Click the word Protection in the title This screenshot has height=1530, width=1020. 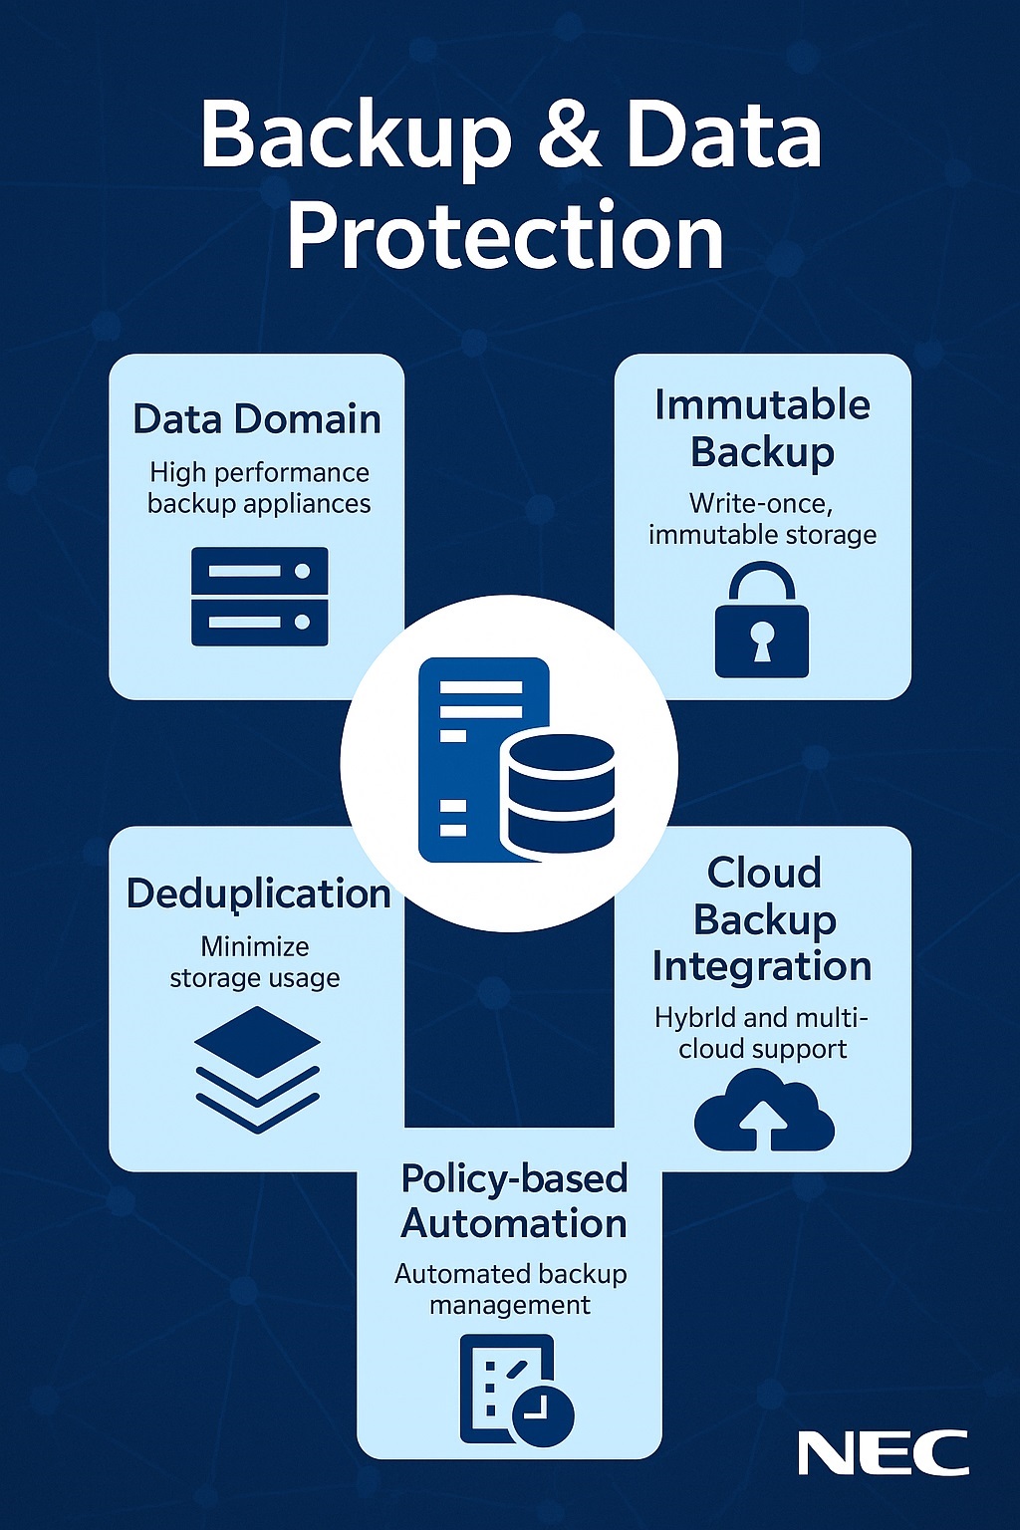pos(505,236)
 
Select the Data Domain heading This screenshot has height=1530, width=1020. pos(257,419)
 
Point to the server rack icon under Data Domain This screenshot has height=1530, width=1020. pos(259,596)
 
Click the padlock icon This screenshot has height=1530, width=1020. pos(762,622)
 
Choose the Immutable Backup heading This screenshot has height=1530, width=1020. pos(762,428)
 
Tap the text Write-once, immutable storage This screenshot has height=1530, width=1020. pos(762,519)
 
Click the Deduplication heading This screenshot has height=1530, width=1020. pos(258,893)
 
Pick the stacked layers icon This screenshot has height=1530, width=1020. pos(257,1068)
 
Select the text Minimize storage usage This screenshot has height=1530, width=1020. pos(255,962)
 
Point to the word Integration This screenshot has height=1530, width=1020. pos(762,966)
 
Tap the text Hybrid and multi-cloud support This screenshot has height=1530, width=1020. pos(762,1033)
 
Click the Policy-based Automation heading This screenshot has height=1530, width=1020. pos(514,1200)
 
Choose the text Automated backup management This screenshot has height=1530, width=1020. pos(510,1289)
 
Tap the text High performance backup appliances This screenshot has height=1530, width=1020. pos(259,488)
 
